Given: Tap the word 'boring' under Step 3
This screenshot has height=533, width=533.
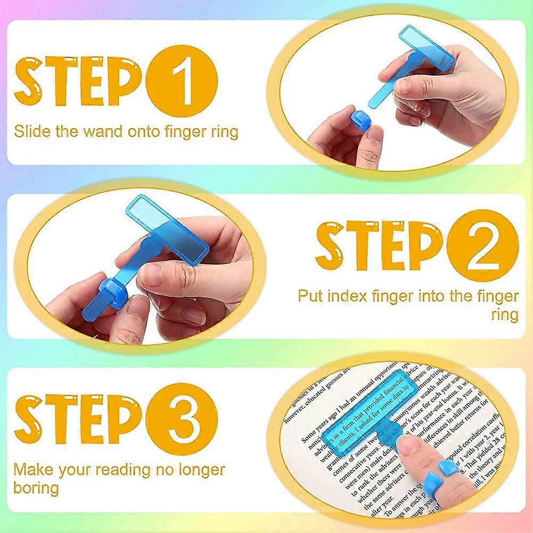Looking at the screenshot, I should (x=36, y=487).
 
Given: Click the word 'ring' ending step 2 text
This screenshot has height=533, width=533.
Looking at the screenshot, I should (x=504, y=314).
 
